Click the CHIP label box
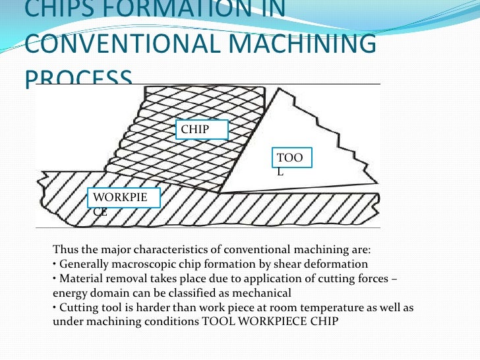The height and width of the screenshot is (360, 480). tap(201, 130)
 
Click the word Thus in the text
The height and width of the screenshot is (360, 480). tap(65, 250)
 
